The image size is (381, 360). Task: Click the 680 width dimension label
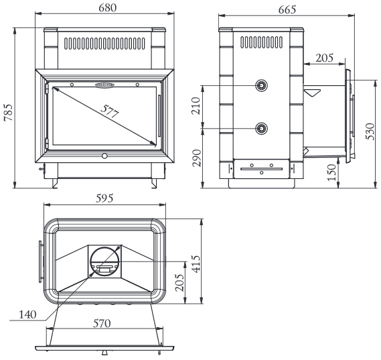(x=107, y=8)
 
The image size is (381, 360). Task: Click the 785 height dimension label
(x=8, y=113)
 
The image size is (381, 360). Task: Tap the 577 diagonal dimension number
(x=110, y=111)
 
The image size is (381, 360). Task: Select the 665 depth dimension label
(x=287, y=9)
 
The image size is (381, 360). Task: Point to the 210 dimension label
(x=196, y=106)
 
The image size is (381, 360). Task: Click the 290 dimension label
(x=196, y=158)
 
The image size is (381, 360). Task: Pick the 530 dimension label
(x=370, y=131)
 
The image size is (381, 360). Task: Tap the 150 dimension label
(x=331, y=172)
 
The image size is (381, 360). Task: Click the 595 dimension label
(x=104, y=198)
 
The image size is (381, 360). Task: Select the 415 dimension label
(x=196, y=264)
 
